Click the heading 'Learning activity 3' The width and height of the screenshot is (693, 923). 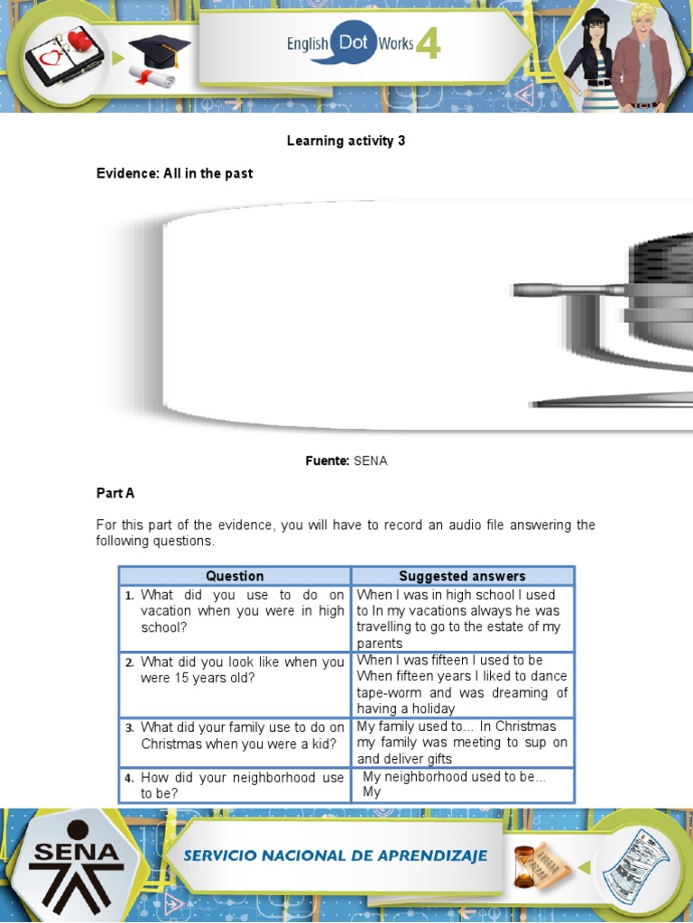coord(346,141)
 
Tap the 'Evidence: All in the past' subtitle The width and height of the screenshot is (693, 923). coord(174,173)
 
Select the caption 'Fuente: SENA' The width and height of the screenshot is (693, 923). coord(346,461)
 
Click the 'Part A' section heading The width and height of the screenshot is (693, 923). coord(115,493)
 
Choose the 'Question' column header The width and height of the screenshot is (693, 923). coord(235,576)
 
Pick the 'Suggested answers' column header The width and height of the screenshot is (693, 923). coord(462,576)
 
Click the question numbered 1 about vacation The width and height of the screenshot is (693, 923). coord(242,610)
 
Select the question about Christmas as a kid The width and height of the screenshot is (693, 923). coord(242,735)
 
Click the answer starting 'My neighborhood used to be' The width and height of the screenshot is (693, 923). coord(454,776)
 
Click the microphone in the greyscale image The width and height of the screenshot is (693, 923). coord(568,290)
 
